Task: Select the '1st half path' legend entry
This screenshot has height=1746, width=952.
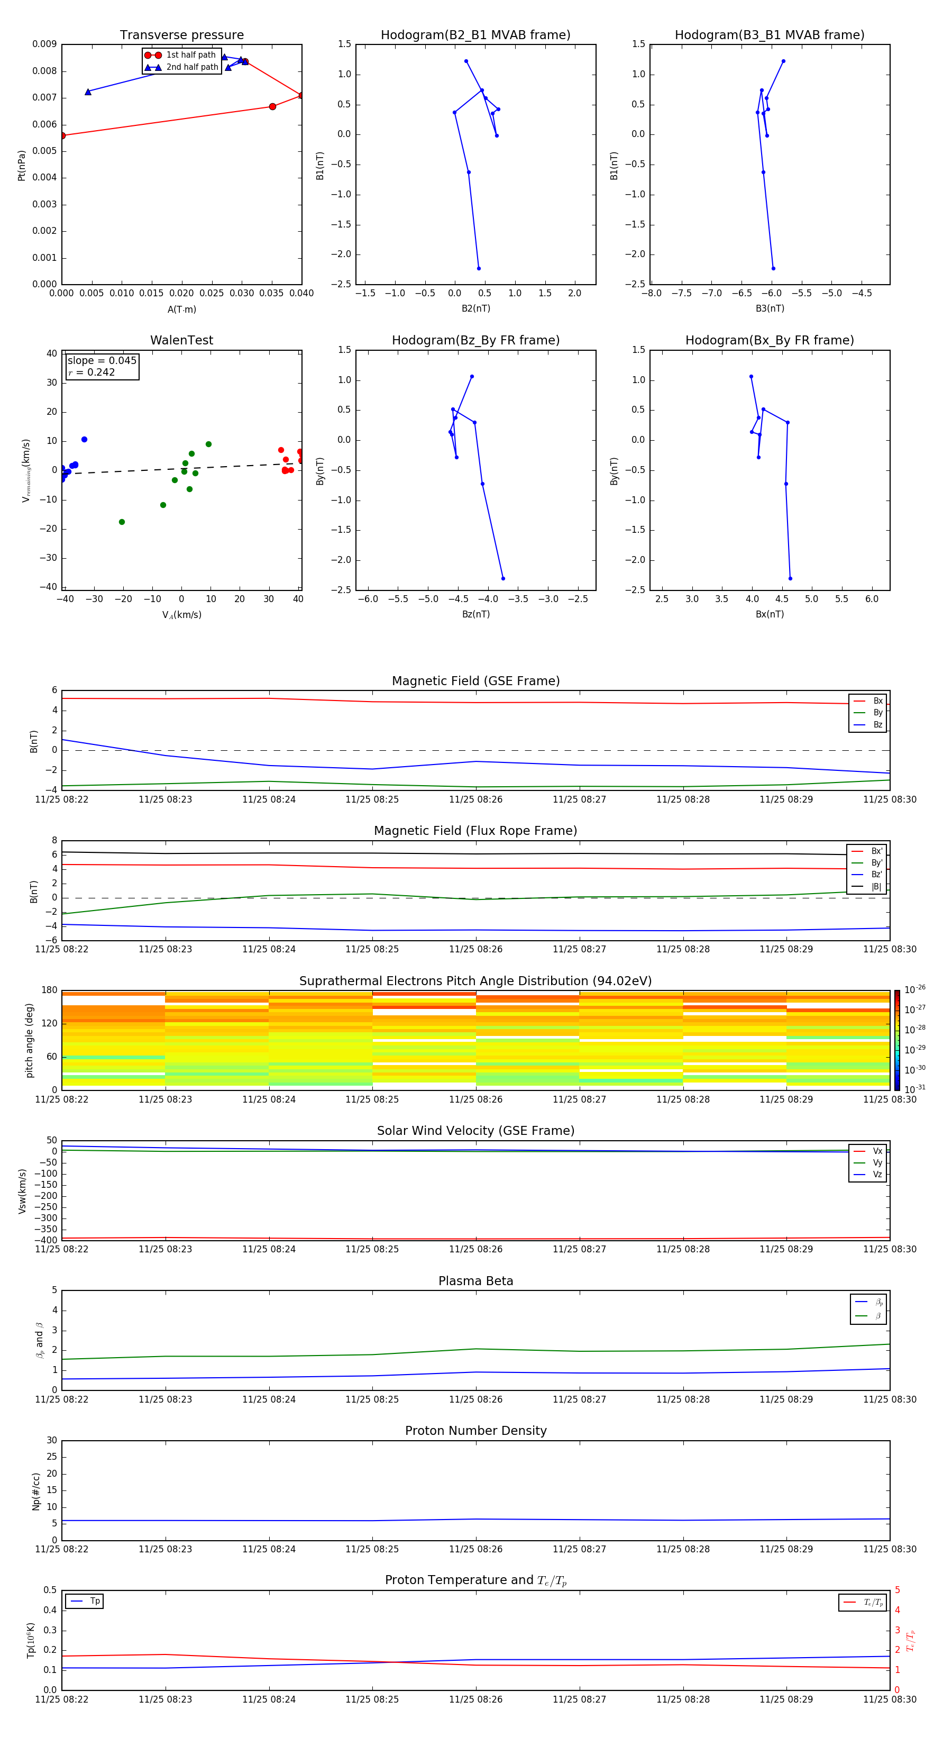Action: (190, 55)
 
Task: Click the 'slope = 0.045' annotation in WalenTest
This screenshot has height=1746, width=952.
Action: (102, 361)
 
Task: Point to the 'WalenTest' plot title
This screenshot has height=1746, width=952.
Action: (181, 340)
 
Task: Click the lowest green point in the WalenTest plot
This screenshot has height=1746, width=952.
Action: (122, 522)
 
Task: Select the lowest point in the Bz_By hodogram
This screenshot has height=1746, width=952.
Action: (503, 578)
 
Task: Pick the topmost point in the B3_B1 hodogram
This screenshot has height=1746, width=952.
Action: (783, 61)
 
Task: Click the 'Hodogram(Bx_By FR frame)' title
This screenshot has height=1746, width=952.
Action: (769, 340)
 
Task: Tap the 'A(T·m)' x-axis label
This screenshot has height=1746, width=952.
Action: (181, 310)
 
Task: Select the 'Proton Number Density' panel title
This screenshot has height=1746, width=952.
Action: (475, 1431)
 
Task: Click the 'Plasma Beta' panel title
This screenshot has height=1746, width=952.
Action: (475, 1281)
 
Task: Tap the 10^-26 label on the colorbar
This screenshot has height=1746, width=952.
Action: (915, 989)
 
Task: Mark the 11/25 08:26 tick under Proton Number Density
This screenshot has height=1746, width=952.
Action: (475, 1549)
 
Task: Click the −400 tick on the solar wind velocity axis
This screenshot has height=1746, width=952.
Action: (48, 1240)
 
